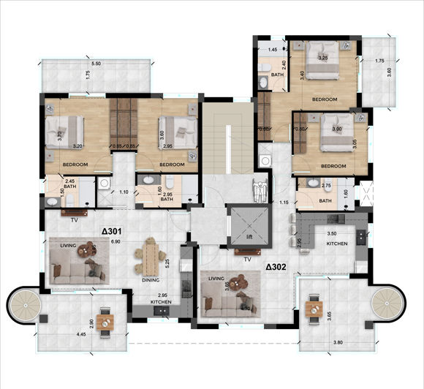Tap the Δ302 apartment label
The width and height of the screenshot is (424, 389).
277,267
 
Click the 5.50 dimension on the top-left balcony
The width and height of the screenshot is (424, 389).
96,54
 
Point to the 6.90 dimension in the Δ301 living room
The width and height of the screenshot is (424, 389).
115,241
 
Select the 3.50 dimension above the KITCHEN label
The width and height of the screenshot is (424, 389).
331,233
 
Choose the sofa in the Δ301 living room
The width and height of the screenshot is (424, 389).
76,270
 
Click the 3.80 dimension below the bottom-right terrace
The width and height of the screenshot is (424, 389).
338,341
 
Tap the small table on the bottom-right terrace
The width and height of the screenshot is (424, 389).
316,308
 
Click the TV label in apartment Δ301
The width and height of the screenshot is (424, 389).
74,219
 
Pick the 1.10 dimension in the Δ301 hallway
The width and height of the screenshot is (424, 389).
124,192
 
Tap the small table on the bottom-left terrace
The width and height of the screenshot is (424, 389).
107,321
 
